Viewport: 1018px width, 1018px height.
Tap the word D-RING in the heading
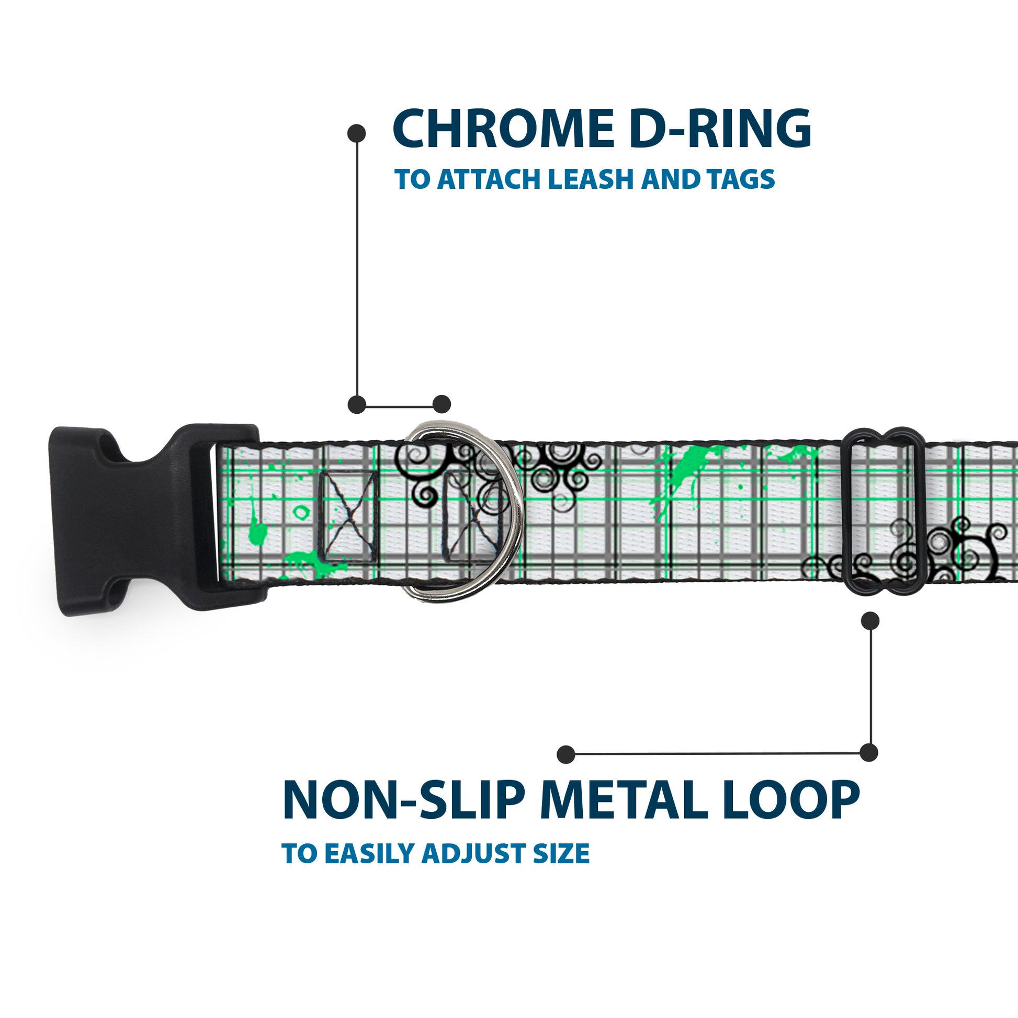tap(719, 129)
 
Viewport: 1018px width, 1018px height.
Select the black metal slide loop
tap(883, 511)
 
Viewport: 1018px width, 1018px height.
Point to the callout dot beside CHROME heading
tap(357, 133)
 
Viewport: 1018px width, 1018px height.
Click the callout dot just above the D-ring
tap(442, 405)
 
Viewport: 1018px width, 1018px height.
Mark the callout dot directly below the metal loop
tap(870, 621)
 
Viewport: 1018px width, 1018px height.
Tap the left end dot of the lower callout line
tap(565, 754)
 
